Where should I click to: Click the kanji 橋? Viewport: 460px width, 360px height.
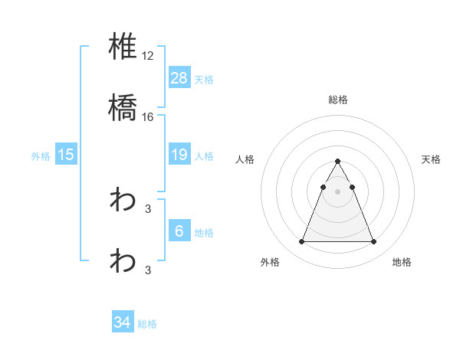123,109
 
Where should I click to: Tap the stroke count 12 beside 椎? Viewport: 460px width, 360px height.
149,56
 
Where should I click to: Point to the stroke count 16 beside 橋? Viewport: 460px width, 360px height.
149,116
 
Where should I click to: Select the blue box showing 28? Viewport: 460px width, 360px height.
179,77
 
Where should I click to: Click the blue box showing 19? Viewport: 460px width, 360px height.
179,155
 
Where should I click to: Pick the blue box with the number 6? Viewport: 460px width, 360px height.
179,231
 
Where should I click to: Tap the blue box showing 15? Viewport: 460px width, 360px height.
66,155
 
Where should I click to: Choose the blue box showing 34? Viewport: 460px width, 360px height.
122,322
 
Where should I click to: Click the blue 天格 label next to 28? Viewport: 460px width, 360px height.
203,79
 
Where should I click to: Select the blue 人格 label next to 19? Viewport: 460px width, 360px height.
203,156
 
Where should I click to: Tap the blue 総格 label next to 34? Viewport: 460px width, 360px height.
147,324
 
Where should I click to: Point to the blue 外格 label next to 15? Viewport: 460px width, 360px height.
41,156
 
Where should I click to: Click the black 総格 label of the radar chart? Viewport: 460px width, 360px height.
337,100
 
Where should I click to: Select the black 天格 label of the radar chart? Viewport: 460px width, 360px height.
431,159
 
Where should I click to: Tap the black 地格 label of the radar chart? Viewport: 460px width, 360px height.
402,262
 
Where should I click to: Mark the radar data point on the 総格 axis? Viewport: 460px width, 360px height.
337,161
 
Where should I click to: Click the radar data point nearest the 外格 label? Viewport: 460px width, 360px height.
301,242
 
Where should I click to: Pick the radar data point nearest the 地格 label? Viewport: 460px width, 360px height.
373,242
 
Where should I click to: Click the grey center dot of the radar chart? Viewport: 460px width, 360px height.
337,191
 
